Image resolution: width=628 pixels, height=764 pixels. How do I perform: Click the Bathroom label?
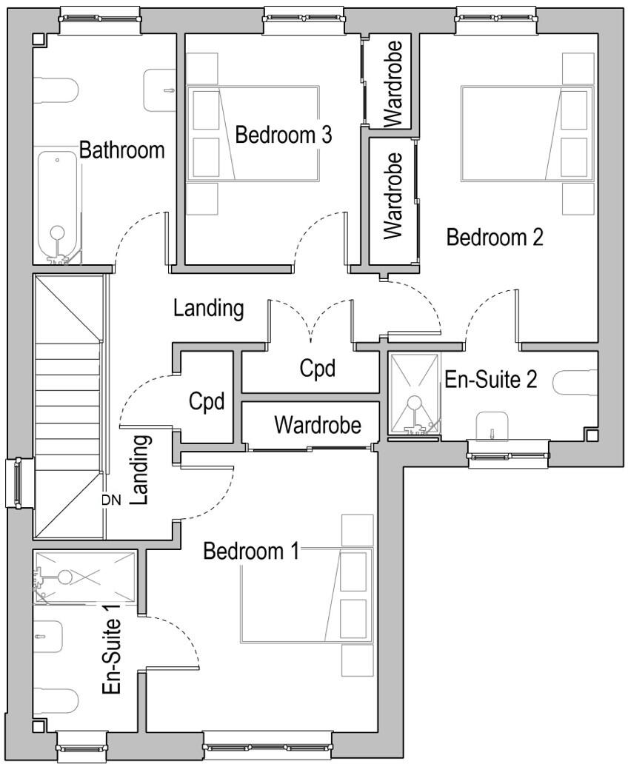(121, 150)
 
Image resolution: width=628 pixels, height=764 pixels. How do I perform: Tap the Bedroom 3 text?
(283, 135)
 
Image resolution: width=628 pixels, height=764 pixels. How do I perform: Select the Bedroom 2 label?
(495, 237)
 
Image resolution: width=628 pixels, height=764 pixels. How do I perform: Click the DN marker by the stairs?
(110, 500)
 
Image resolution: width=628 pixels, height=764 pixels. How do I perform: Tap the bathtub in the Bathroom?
(57, 204)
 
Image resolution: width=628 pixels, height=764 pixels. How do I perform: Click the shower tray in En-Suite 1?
(84, 577)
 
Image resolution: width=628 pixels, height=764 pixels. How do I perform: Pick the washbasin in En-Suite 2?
(492, 424)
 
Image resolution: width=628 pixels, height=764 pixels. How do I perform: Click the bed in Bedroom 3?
(252, 133)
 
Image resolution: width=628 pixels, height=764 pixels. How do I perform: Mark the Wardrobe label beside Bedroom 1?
(317, 425)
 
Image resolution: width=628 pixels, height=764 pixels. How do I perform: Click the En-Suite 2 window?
(508, 452)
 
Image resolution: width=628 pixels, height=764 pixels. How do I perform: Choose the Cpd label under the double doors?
(318, 368)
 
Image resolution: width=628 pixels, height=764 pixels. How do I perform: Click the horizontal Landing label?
(208, 308)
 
